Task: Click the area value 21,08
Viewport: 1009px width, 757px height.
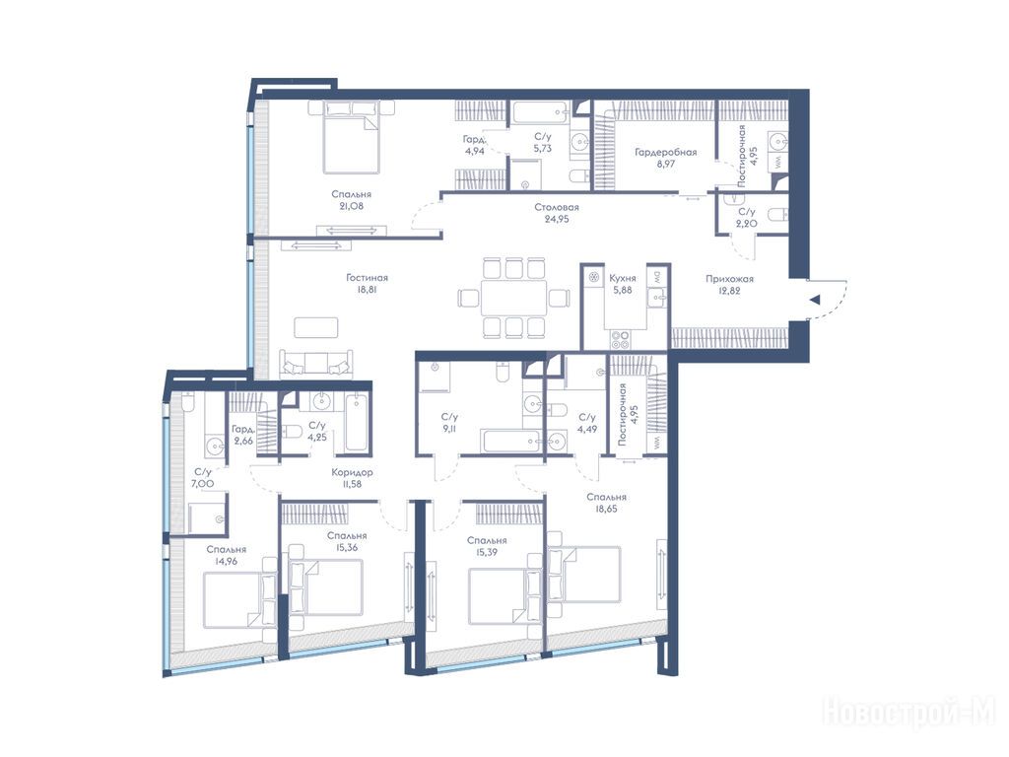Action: click(x=352, y=206)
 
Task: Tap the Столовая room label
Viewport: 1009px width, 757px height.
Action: click(x=557, y=207)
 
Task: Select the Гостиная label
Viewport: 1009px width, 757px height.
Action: click(x=367, y=278)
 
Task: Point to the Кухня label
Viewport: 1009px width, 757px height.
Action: click(x=623, y=279)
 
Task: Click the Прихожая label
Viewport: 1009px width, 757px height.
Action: click(x=729, y=279)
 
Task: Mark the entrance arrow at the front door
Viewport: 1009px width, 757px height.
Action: click(x=815, y=300)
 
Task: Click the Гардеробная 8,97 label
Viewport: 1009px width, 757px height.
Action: click(x=665, y=158)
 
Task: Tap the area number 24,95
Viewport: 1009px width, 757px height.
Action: click(x=557, y=219)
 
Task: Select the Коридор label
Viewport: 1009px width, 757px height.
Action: click(x=352, y=472)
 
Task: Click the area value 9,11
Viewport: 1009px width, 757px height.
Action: click(x=449, y=428)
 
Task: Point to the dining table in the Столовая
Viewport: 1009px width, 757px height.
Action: click(x=514, y=298)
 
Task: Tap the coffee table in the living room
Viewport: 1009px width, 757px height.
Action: click(x=316, y=327)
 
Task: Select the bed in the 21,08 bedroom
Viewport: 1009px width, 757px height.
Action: click(x=350, y=138)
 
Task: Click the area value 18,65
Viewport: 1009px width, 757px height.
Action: click(x=606, y=509)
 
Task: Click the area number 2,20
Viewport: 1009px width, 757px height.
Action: click(x=747, y=224)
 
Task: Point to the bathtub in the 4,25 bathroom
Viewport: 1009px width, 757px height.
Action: click(x=356, y=424)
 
